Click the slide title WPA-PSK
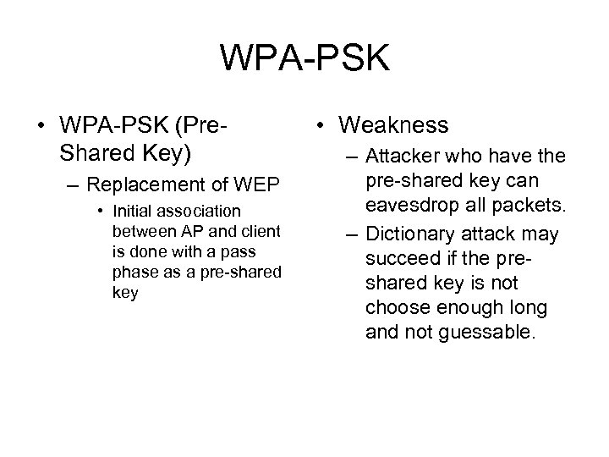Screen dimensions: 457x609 pyautogui.click(x=304, y=58)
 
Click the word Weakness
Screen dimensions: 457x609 pyautogui.click(x=393, y=125)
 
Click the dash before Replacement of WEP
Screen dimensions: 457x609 pyautogui.click(x=74, y=185)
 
